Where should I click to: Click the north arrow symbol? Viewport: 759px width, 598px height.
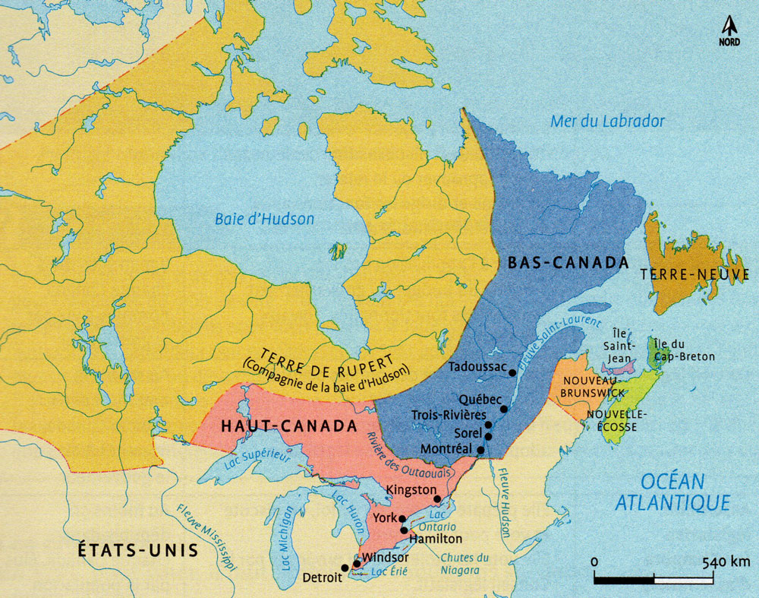tap(729, 27)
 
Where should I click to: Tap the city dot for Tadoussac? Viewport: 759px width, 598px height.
tap(513, 372)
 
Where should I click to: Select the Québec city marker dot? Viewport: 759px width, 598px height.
tap(504, 409)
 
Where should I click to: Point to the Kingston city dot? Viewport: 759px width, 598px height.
tap(437, 499)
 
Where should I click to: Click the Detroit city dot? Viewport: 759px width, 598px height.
tap(345, 568)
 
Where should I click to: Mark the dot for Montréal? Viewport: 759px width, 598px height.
tap(480, 450)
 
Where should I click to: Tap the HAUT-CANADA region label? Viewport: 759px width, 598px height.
tap(288, 426)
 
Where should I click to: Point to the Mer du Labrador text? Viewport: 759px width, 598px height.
tap(608, 121)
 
